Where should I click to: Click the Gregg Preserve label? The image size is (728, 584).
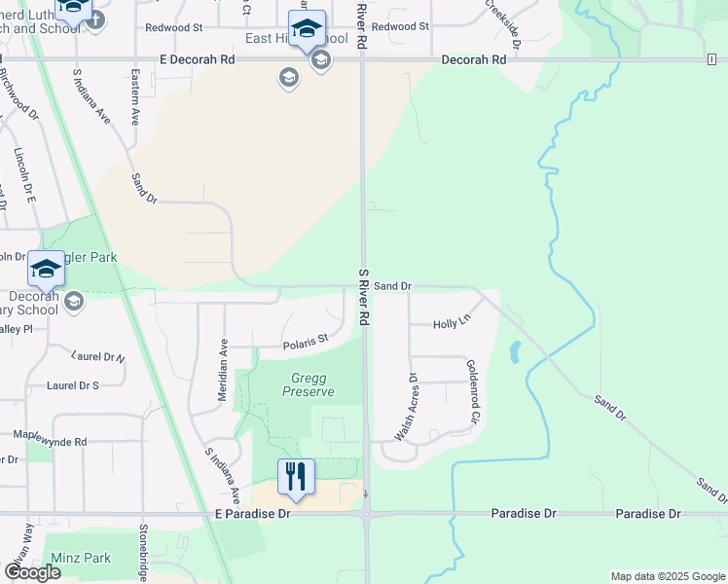point(308,384)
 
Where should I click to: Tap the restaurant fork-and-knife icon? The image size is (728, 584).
point(297,477)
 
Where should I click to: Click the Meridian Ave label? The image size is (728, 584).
point(224,359)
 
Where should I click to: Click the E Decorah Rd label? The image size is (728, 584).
point(199,59)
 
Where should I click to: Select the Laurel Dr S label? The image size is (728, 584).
point(73,385)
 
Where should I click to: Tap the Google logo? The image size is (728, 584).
point(32,572)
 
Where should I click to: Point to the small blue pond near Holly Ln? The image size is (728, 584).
point(514,351)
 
